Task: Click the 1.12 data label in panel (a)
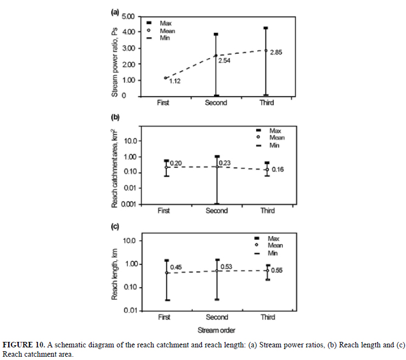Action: coord(175,81)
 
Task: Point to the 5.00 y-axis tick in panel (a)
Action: coord(127,16)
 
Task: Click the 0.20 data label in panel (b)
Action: coord(175,164)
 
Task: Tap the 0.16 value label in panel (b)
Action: coord(278,170)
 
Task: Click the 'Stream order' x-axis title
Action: coord(217,330)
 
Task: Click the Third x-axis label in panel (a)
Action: coord(267,103)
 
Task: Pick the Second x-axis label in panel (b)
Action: coord(216,211)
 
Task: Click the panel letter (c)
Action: coord(116,226)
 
